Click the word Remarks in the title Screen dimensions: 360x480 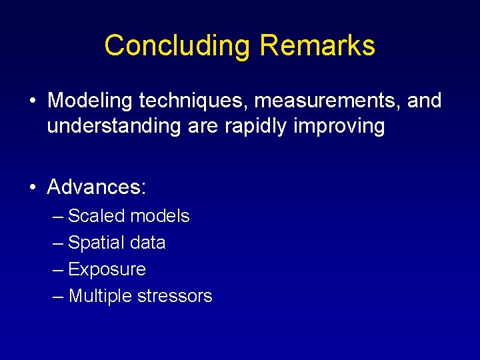[317, 46]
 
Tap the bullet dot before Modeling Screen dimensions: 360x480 [32, 101]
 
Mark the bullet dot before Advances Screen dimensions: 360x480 [32, 188]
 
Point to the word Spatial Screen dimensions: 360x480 [97, 243]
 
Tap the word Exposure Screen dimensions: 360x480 [107, 269]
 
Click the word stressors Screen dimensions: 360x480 [175, 296]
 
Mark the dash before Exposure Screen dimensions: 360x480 [57, 269]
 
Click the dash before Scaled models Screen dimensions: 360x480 [57, 216]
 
